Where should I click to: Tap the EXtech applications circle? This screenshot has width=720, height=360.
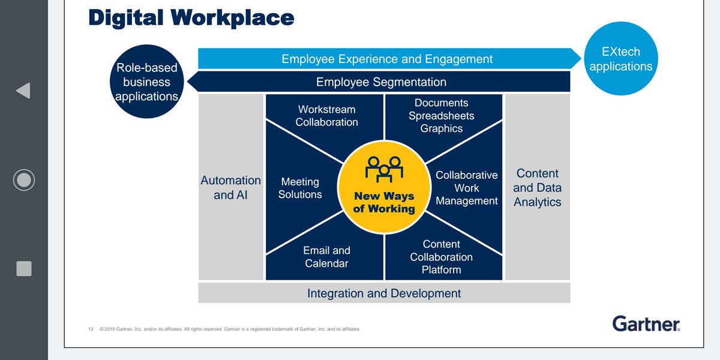[620, 59]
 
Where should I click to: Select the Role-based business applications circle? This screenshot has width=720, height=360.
[147, 82]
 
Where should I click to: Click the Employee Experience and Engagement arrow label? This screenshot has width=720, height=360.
[387, 59]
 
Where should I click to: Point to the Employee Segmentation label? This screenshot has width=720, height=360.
[381, 82]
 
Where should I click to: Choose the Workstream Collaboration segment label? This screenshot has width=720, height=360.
[326, 116]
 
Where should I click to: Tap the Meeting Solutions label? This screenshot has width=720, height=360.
[300, 188]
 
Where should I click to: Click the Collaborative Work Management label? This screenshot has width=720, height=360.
[467, 188]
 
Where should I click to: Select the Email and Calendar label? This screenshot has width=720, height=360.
[326, 257]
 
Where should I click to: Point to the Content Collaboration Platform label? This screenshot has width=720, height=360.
[441, 257]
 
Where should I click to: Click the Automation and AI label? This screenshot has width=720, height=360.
[231, 187]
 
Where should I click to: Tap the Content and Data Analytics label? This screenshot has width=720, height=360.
[537, 188]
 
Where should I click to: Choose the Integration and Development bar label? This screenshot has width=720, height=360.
[384, 293]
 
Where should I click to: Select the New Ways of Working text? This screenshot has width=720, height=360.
[384, 202]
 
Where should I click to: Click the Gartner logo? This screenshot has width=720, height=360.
[646, 324]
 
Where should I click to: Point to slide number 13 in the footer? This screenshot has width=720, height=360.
[91, 329]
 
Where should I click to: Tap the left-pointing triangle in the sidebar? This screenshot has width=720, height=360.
[23, 91]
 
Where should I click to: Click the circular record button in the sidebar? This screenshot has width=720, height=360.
[24, 180]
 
